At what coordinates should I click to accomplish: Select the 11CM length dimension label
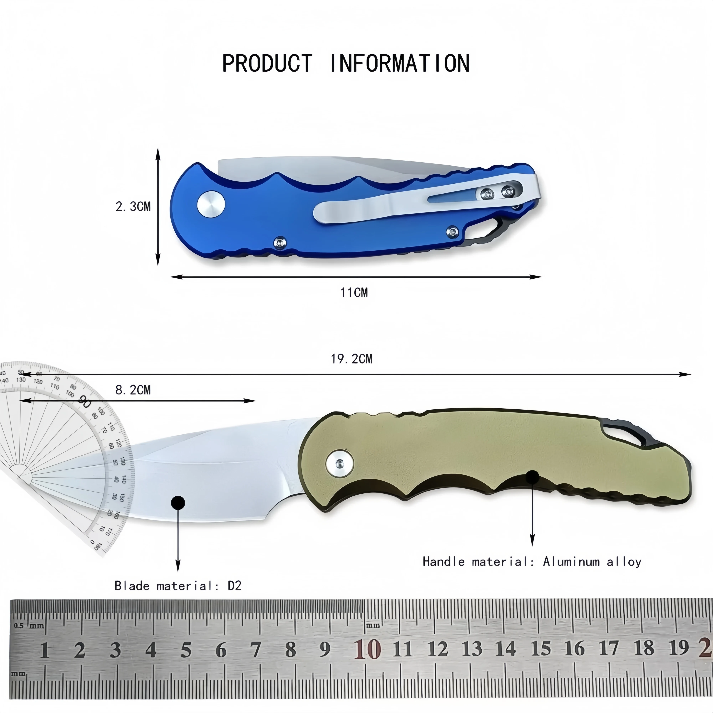354,293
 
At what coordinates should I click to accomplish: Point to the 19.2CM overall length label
352,359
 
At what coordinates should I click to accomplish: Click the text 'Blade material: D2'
178,586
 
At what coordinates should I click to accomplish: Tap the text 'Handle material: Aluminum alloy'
532,562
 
